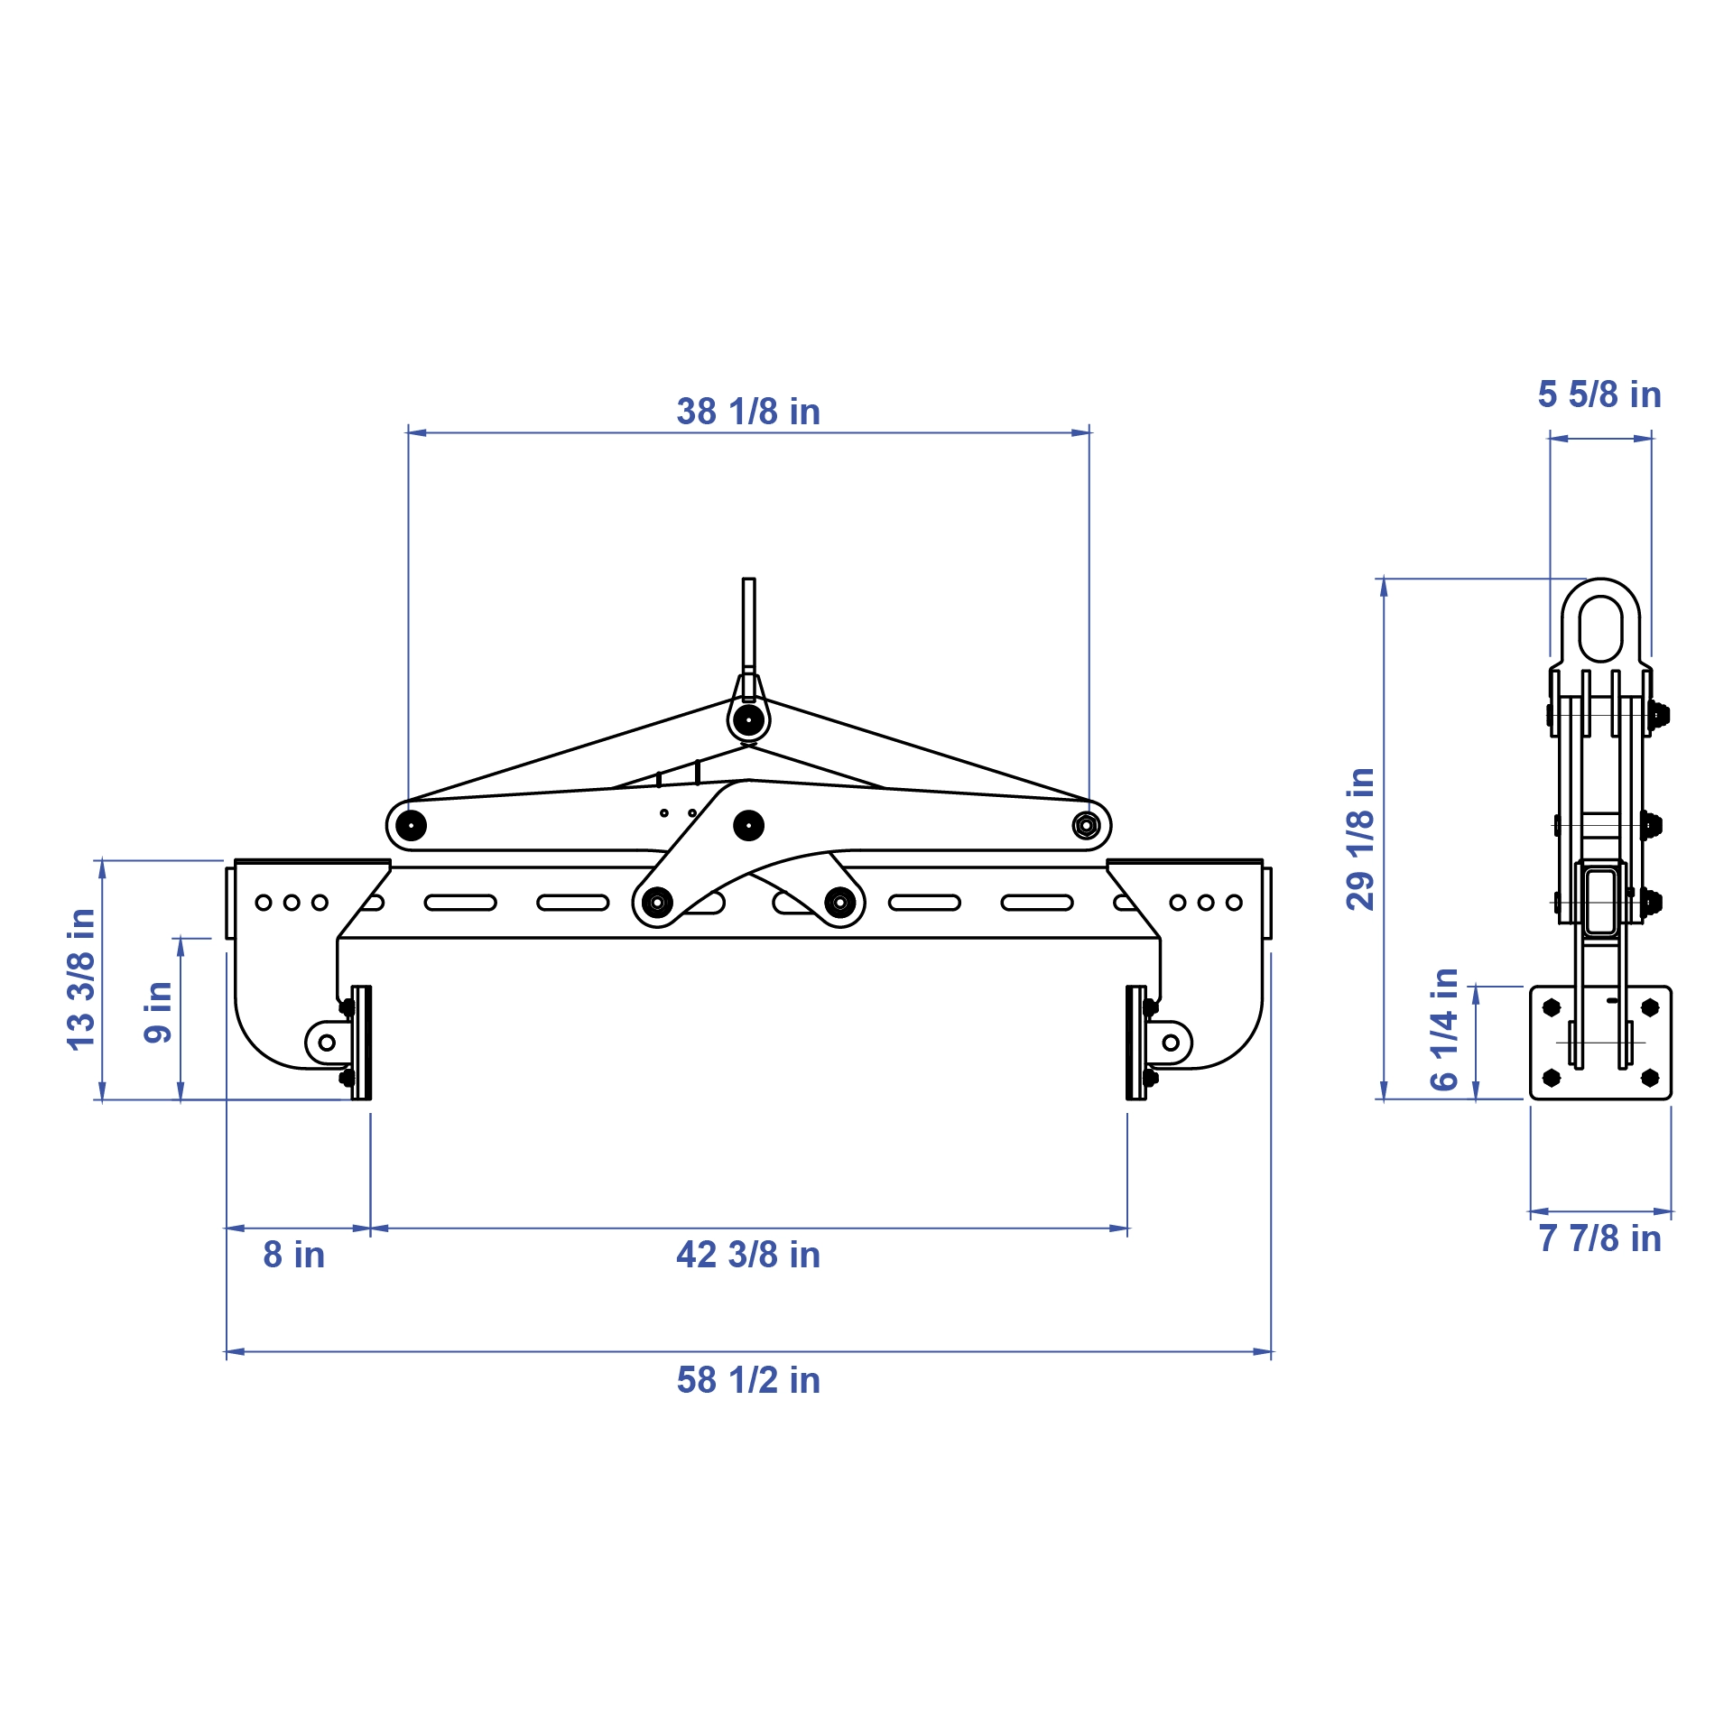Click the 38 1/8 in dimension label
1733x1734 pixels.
coord(748,412)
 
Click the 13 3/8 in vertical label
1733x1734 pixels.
coord(81,979)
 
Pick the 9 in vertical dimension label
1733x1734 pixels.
coord(158,1012)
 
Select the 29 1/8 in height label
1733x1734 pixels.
coord(1360,839)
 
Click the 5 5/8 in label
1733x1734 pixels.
coord(1599,394)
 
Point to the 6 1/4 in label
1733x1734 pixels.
coord(1445,1030)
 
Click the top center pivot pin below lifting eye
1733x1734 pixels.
coord(748,719)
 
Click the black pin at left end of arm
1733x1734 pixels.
coord(411,825)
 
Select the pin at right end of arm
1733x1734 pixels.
coord(1086,825)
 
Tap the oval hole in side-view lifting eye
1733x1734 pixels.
coord(1600,628)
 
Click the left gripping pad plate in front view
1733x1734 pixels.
coord(361,1043)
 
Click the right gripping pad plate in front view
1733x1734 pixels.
coord(1136,1043)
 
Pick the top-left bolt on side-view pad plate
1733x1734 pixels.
coord(1552,1007)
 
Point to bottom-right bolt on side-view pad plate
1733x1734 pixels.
coord(1650,1077)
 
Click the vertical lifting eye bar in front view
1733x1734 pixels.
coord(748,623)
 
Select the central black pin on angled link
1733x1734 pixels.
coord(748,825)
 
